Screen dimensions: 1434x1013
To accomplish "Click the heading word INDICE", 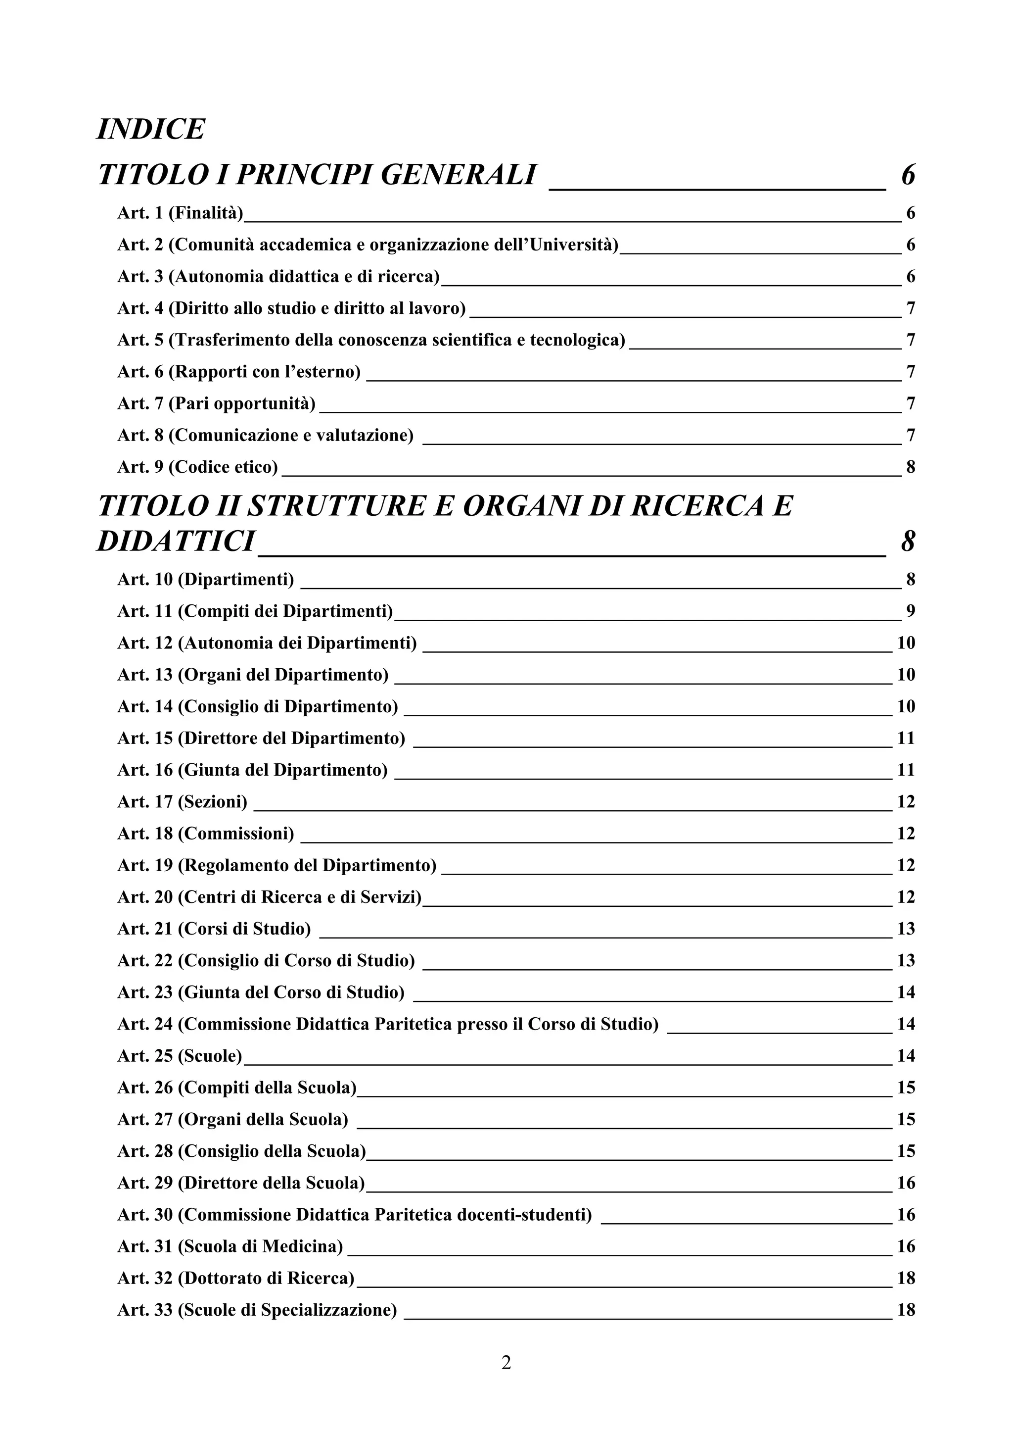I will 150,129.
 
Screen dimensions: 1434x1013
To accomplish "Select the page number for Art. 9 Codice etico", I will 911,467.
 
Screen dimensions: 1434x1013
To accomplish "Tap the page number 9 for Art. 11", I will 911,611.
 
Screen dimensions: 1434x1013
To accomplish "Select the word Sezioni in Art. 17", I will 212,802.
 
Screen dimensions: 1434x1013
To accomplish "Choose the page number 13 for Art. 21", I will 906,929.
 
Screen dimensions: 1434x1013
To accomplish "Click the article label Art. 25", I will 144,1056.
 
